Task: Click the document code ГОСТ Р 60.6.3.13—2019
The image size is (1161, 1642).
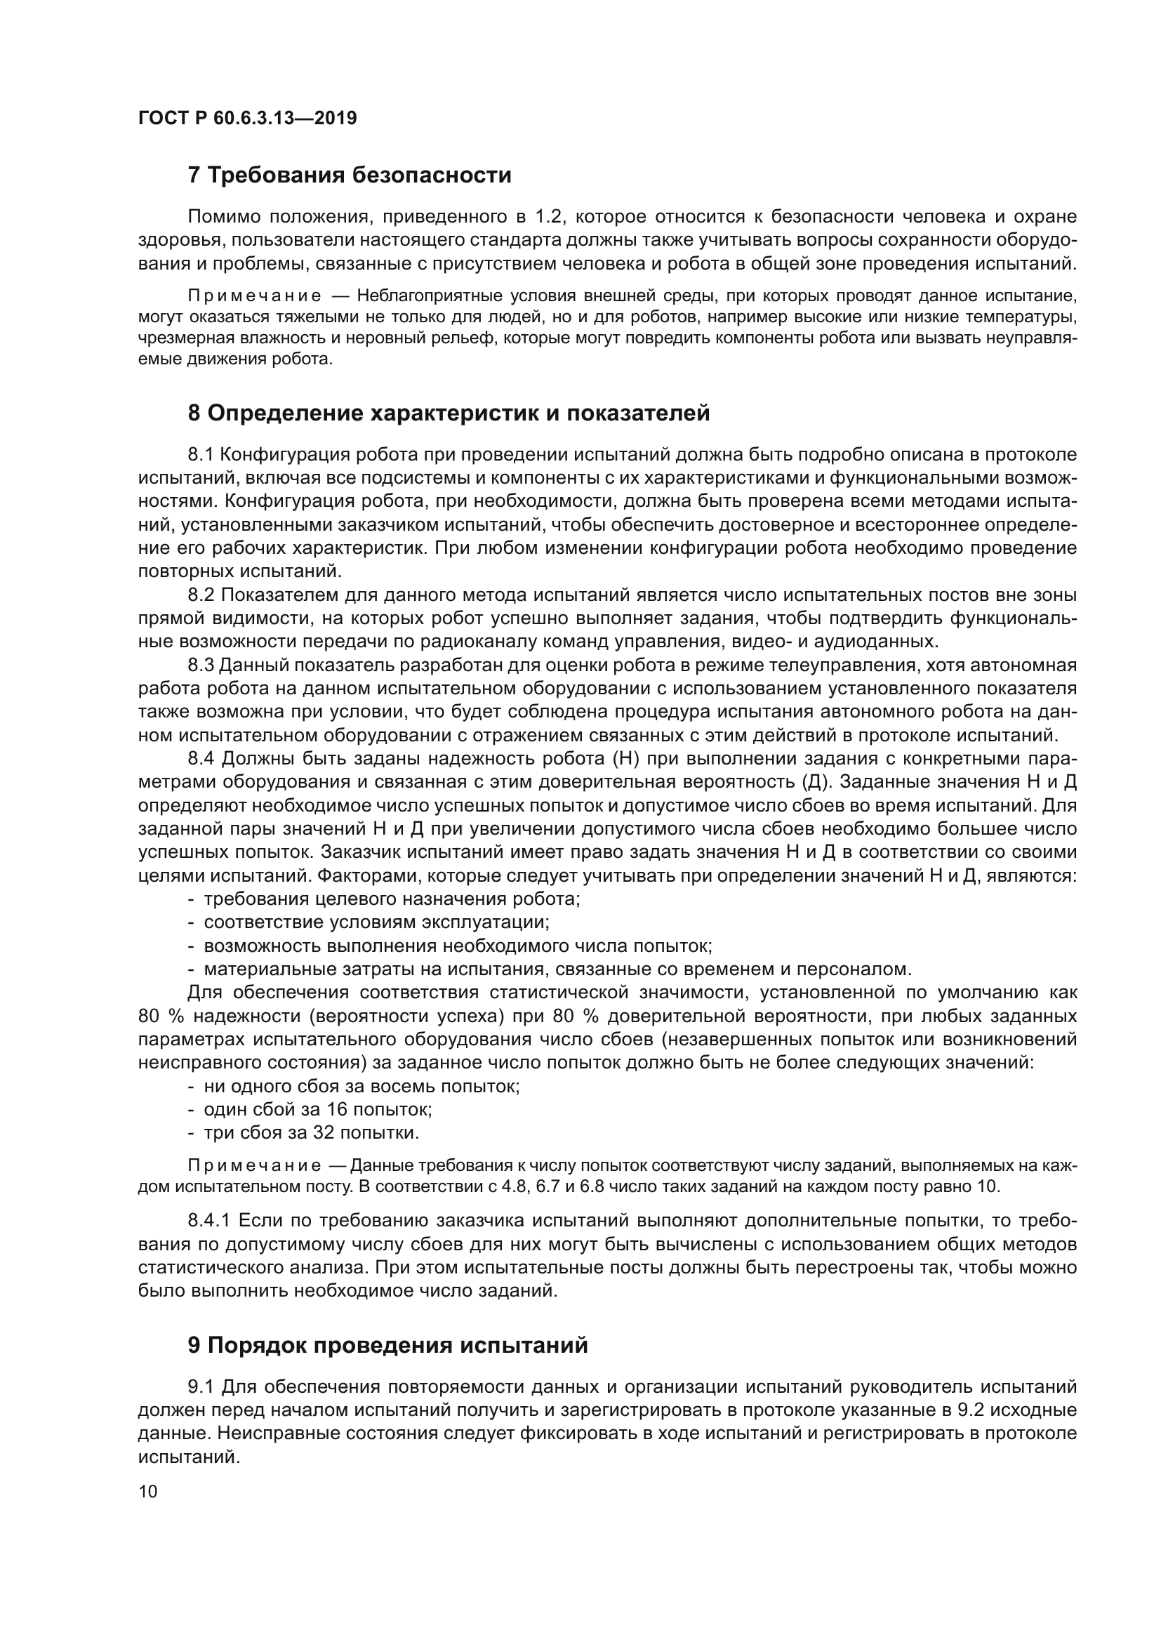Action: click(x=247, y=118)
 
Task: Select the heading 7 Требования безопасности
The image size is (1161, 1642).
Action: click(x=349, y=175)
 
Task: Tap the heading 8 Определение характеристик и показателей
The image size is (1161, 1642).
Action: click(x=449, y=413)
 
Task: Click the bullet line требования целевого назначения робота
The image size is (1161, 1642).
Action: click(x=391, y=899)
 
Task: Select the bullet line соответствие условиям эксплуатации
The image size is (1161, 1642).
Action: click(x=376, y=922)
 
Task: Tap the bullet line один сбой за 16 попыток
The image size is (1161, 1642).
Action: click(x=317, y=1109)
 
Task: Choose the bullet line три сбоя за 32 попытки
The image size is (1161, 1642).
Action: click(x=311, y=1133)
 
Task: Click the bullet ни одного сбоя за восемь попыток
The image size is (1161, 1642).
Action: click(x=361, y=1085)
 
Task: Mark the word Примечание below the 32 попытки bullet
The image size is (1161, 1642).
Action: click(x=254, y=1166)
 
